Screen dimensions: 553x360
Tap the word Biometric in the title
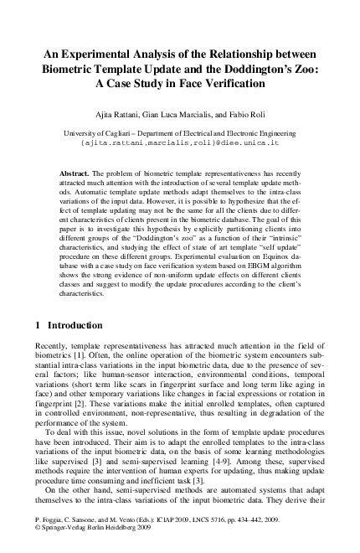tap(71, 70)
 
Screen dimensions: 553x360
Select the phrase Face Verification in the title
tap(218, 85)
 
